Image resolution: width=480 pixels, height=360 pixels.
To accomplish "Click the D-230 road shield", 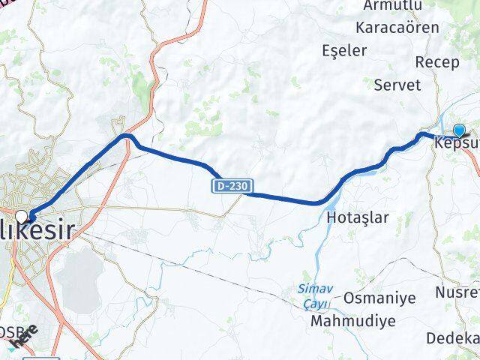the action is (x=232, y=184).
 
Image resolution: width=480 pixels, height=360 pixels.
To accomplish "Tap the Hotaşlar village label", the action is (x=358, y=217).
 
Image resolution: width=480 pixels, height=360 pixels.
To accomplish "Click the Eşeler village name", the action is (x=344, y=51).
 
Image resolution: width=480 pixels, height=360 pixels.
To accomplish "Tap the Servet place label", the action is (x=397, y=85).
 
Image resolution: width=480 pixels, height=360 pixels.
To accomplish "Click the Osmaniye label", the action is (x=379, y=298).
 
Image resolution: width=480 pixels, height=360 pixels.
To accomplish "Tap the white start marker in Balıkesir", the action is (x=31, y=217).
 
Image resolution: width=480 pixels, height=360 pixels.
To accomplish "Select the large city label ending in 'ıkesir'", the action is (x=37, y=231).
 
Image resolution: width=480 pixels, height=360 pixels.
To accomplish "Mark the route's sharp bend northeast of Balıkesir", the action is (x=125, y=137).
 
